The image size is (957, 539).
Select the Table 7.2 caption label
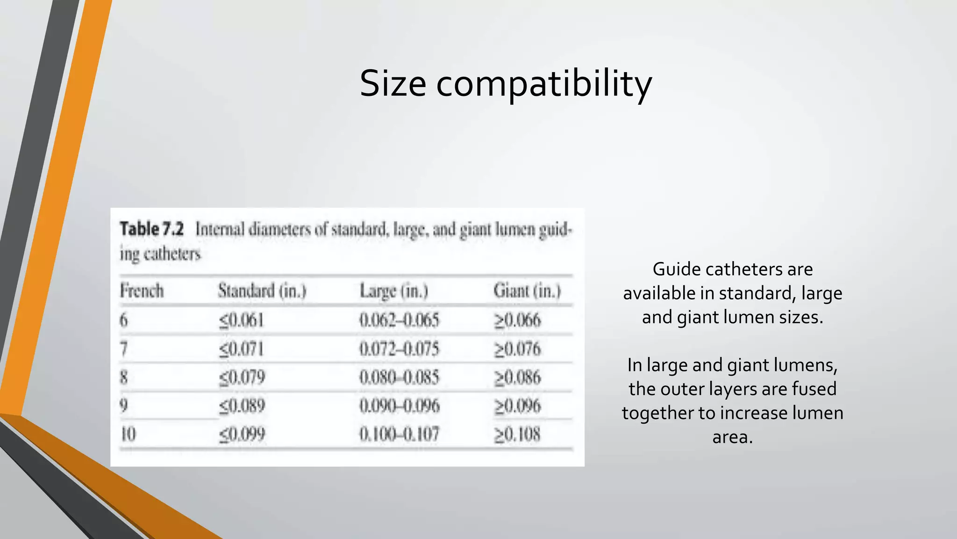click(x=152, y=229)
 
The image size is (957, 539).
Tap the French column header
click(x=142, y=291)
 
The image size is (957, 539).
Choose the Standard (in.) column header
click(x=262, y=291)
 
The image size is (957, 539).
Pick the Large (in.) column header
click(x=394, y=291)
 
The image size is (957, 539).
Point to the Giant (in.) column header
click(x=527, y=291)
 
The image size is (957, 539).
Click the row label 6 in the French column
click(x=123, y=320)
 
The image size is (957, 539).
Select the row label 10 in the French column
click(x=128, y=435)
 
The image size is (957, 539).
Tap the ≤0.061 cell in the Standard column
click(x=242, y=320)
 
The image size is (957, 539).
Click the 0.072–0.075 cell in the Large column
click(x=399, y=349)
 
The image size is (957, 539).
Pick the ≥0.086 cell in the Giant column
click(x=517, y=378)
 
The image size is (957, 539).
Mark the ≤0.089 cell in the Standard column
click(x=242, y=406)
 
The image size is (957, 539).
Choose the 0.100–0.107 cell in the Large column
click(x=399, y=435)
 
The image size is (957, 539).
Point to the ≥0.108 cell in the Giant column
click(x=517, y=435)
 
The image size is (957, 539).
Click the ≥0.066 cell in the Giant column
click(x=517, y=320)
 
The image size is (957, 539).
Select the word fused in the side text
click(x=812, y=389)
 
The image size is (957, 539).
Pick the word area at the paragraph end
click(x=732, y=437)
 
